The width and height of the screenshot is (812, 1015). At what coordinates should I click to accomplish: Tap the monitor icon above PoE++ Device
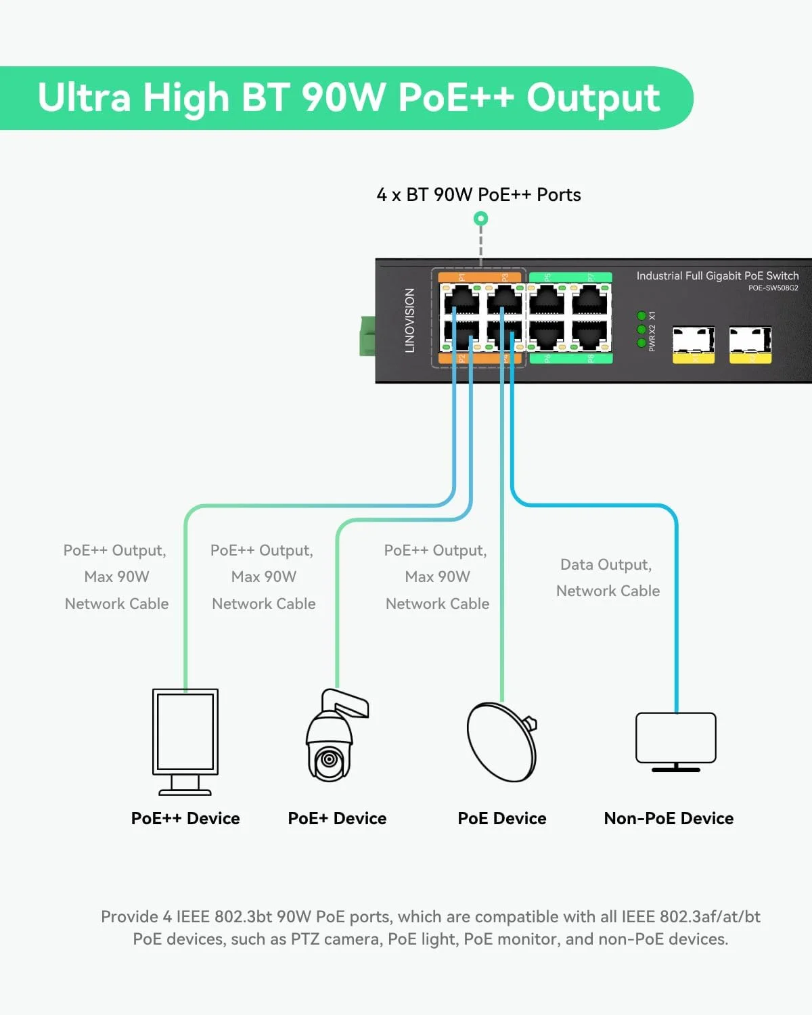(185, 741)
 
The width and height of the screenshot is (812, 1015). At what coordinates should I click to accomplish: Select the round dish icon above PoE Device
(501, 742)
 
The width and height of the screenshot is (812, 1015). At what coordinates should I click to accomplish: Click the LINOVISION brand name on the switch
(409, 320)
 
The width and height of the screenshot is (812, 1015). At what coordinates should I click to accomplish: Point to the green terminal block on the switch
(367, 336)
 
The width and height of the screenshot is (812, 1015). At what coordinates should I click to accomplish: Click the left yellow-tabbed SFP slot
(693, 344)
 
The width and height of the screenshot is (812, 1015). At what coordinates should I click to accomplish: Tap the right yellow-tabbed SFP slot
(750, 344)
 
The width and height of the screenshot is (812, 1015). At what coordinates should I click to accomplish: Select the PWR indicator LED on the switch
(641, 343)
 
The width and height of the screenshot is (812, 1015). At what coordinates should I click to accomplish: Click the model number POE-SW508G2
(773, 288)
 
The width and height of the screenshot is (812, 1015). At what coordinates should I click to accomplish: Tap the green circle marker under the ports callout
(480, 219)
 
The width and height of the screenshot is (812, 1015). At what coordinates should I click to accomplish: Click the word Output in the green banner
(593, 98)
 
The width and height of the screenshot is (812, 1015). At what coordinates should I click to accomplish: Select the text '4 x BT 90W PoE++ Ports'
(478, 195)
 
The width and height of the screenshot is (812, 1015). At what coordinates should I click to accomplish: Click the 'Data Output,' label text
(606, 564)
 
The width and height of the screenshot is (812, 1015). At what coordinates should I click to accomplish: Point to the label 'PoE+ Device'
(337, 818)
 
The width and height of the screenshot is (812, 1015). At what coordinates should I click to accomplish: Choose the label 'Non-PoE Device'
(669, 818)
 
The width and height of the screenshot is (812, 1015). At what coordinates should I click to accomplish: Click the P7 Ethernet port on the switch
(589, 299)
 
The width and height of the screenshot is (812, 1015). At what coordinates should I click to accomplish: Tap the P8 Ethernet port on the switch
(589, 334)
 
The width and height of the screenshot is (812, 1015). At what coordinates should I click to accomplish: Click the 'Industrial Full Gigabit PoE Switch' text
(717, 275)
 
